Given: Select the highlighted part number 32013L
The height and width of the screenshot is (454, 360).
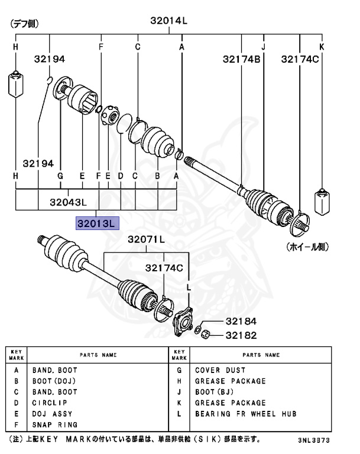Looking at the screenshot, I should coord(98,223).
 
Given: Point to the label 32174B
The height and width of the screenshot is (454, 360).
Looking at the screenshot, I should coord(242,59).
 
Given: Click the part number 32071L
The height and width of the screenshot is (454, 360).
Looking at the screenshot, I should coord(146,240).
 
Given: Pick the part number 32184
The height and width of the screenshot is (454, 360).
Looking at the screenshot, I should coord(241,322).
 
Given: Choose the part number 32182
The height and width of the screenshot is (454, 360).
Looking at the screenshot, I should coord(241,335).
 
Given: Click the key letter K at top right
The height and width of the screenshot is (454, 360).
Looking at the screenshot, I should coord(322,46).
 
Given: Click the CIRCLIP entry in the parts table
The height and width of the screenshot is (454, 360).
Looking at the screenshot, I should coord(48,403).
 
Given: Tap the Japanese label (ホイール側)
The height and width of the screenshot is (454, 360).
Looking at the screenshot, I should coord(307,247).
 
